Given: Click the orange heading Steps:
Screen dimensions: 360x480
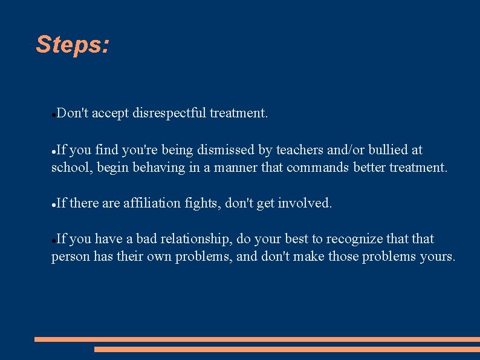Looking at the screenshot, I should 73,44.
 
